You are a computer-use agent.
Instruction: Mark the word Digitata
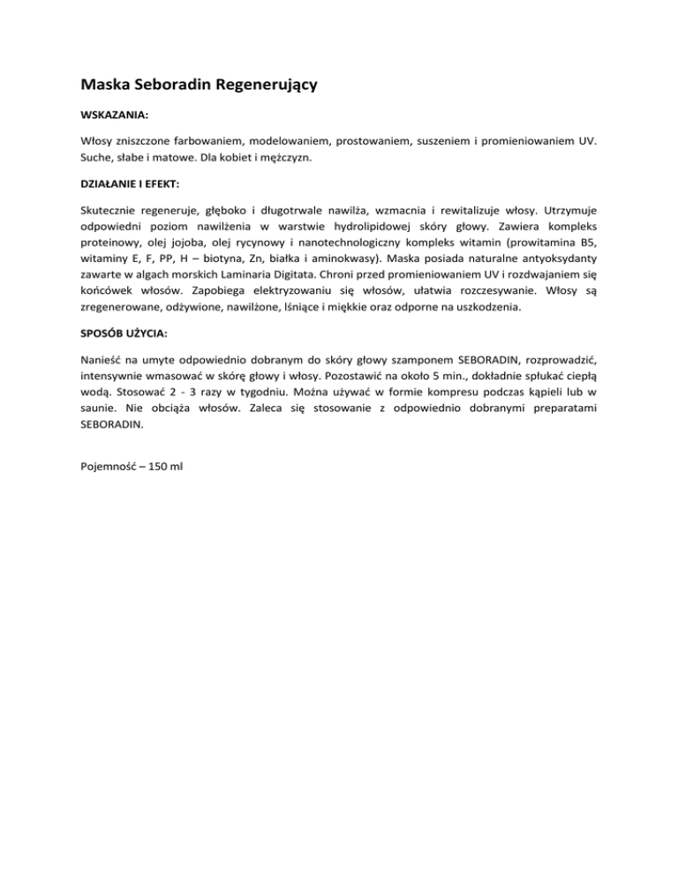tap(329, 299)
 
